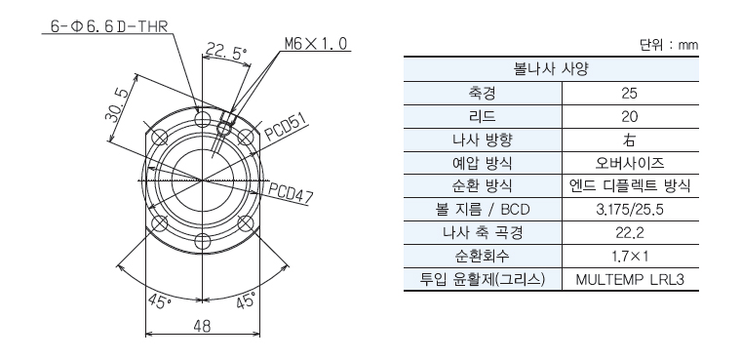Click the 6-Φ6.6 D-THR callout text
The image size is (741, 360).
(109, 26)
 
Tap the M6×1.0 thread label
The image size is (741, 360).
(316, 44)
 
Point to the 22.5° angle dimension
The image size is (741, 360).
(227, 51)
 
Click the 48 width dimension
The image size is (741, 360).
(202, 326)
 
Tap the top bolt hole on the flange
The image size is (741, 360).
(202, 118)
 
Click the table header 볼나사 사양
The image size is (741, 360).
(551, 69)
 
